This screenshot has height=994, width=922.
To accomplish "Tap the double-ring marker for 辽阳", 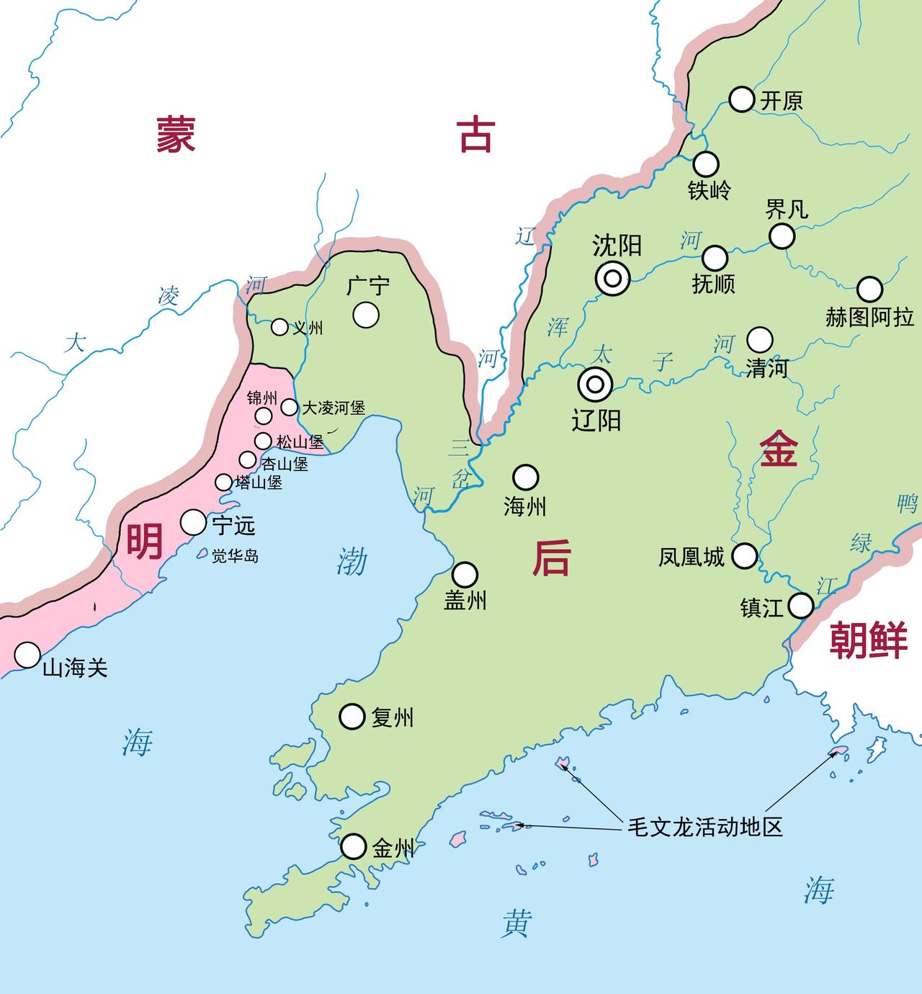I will coord(595,385).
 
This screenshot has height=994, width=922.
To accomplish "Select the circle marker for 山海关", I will coord(27,655).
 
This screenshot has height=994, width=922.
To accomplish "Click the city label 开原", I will coord(782,100).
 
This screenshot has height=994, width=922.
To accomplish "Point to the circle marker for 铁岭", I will coord(706,164).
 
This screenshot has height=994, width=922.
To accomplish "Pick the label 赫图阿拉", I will coord(869,317).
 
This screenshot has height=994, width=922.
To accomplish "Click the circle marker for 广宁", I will coord(366,315).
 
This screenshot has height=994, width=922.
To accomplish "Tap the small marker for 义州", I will coord(279,327).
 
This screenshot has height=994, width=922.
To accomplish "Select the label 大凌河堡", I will coord(333,408).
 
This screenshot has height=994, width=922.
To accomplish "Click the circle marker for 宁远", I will coord(193,522).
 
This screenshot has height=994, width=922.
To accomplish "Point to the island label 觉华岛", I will coord(235,556).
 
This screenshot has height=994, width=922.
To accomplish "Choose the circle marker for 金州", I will coord(353,846).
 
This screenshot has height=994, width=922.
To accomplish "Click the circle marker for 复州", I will coord(352,717).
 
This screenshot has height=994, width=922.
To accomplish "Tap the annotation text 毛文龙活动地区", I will coord(704,827).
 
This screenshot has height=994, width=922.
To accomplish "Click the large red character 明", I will coord(145,541).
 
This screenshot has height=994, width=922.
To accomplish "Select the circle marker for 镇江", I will coord(801,606).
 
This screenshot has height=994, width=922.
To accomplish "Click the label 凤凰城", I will coord(691,557).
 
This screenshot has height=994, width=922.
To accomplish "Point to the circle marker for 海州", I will coord(525,477).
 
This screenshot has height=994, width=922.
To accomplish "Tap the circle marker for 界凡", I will coord(782,236).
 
